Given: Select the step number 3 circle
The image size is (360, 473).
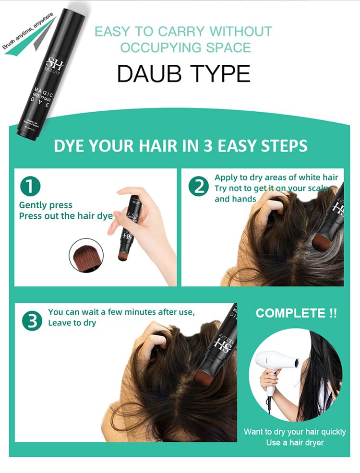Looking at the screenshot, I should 32,321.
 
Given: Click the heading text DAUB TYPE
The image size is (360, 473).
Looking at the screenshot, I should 184,73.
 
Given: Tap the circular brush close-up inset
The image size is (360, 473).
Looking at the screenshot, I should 86,256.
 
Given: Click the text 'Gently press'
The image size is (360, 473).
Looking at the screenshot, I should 46,205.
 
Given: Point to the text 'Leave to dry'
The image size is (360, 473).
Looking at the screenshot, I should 72,323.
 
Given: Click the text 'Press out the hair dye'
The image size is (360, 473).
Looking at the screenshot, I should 66,216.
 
